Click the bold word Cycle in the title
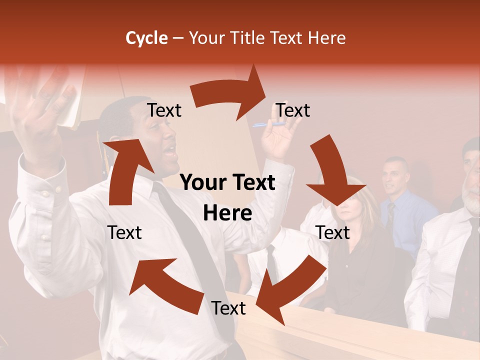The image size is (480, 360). [x=146, y=38]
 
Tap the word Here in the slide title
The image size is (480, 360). [x=326, y=38]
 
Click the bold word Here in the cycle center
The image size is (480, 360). [x=227, y=213]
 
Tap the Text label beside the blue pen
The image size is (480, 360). [x=293, y=110]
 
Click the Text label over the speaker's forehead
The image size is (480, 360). [x=164, y=110]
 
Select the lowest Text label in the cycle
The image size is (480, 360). [x=228, y=308]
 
